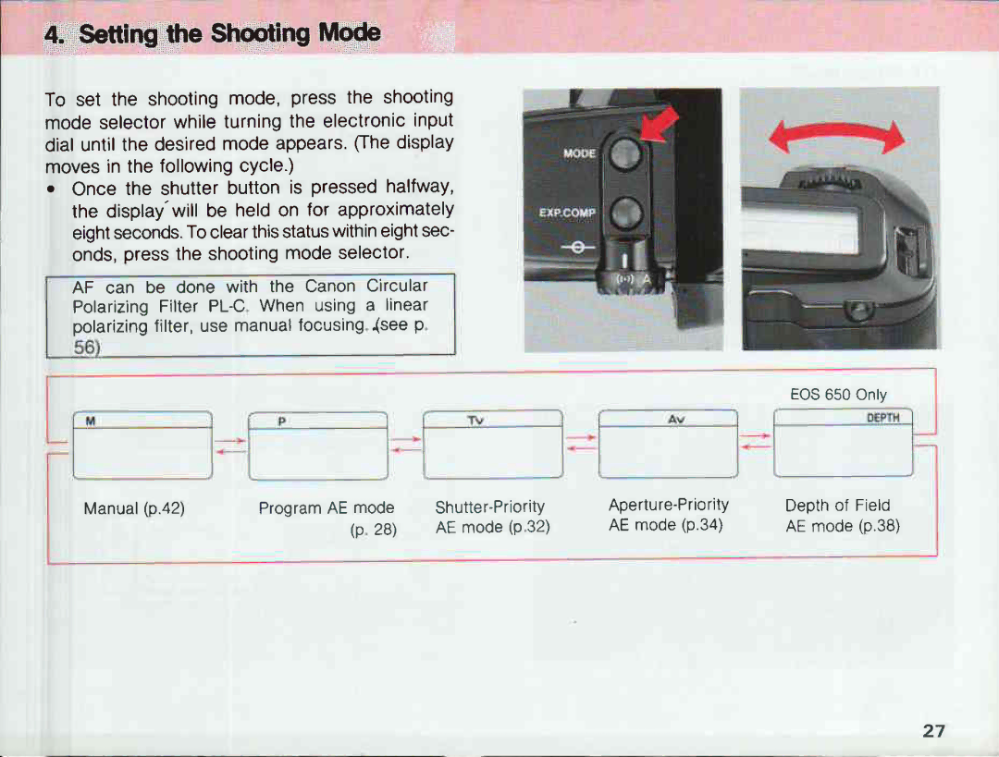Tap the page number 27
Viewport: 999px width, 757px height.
point(933,730)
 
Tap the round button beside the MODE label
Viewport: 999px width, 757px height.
point(626,155)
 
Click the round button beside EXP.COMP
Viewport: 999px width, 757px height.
point(626,213)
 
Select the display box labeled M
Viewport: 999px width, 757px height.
point(142,446)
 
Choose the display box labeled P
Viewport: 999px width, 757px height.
point(317,446)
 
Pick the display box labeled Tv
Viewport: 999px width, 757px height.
point(492,445)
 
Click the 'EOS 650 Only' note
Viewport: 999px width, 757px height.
point(838,395)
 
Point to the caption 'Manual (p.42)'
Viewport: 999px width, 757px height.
point(134,507)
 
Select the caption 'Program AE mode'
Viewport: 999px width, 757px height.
point(326,507)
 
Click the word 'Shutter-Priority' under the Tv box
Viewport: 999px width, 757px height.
point(489,507)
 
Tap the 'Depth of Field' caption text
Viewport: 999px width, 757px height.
point(837,505)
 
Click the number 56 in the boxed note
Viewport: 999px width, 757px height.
point(85,347)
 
